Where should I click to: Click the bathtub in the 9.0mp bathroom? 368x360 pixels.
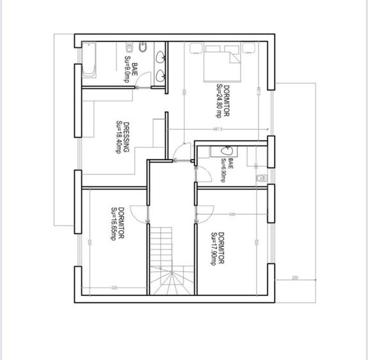[88, 60]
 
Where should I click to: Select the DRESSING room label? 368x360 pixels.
[122, 137]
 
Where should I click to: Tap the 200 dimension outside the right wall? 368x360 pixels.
[295, 278]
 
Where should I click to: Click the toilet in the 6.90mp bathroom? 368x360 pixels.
[259, 177]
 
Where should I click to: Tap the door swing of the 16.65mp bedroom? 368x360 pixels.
[140, 214]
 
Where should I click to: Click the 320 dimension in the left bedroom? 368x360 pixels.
[114, 288]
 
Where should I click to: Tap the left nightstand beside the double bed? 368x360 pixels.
[195, 48]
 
